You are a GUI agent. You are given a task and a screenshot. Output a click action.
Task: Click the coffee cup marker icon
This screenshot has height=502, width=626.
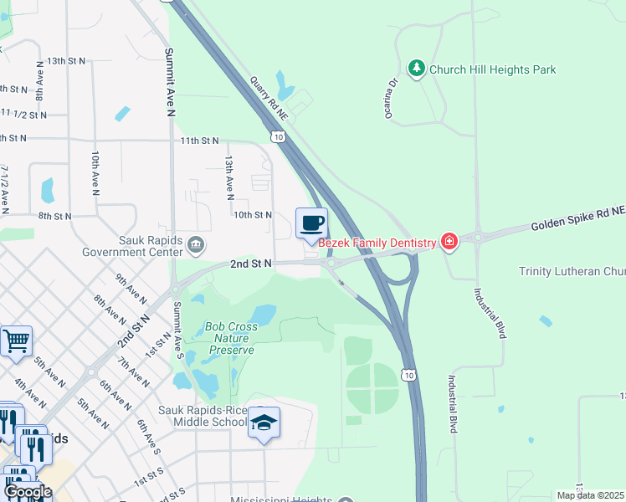(x=311, y=223)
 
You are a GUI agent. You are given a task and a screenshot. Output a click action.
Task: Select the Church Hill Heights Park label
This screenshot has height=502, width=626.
(x=492, y=69)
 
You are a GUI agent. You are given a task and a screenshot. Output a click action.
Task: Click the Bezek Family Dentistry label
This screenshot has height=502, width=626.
(x=379, y=243)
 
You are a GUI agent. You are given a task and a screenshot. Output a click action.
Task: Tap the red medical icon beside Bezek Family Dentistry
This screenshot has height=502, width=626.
(x=449, y=243)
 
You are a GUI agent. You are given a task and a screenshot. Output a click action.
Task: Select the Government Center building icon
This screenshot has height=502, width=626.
(x=196, y=245)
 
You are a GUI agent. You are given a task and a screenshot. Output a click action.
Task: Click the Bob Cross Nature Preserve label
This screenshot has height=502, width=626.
(x=230, y=338)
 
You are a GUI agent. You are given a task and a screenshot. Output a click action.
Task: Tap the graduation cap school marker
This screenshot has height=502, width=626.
(x=264, y=423)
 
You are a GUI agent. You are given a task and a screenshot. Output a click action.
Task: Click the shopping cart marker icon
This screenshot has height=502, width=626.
(x=16, y=341)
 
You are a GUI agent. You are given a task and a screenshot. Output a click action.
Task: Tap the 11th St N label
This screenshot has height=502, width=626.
(x=198, y=141)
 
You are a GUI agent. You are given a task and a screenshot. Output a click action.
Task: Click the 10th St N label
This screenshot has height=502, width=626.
(x=252, y=215)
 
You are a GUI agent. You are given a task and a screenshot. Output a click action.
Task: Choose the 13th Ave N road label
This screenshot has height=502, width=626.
(x=228, y=176)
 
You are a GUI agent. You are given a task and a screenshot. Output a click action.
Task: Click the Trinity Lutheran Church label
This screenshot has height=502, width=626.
(x=572, y=271)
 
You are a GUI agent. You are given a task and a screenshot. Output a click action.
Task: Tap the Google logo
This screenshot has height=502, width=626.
(x=28, y=492)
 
